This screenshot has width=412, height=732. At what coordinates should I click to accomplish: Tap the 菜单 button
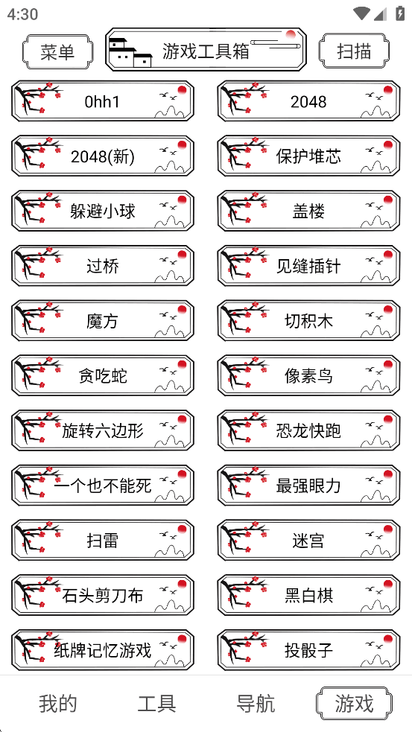[x=57, y=51]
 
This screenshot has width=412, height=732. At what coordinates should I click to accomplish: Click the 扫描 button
[x=354, y=51]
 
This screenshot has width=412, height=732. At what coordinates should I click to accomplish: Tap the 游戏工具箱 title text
[x=206, y=51]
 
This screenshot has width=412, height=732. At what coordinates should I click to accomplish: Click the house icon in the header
[x=130, y=51]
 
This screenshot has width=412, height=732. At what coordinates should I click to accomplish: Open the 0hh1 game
[x=103, y=101]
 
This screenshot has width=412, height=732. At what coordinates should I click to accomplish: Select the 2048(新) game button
[x=103, y=156]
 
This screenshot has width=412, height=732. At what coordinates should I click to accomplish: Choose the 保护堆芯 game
[x=308, y=156]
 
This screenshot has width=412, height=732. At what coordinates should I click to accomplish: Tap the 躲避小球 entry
[x=103, y=211]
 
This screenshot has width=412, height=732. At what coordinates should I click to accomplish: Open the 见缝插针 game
[x=308, y=266]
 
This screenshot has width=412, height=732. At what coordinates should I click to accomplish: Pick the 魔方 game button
[x=103, y=321]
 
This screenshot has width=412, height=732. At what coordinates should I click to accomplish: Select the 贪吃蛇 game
[x=103, y=376]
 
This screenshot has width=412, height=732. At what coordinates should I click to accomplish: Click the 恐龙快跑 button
[x=308, y=430]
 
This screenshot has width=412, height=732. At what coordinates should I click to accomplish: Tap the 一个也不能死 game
[x=103, y=486]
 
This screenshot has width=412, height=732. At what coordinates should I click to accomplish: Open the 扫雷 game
[x=103, y=541]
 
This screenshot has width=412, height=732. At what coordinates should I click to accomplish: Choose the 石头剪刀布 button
[x=103, y=595]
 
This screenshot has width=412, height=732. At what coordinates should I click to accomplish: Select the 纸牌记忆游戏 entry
[x=103, y=650]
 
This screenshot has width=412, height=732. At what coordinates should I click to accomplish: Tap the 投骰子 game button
[x=308, y=650]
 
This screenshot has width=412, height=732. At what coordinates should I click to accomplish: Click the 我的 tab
[x=58, y=703]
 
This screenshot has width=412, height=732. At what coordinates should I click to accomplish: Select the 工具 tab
[x=156, y=703]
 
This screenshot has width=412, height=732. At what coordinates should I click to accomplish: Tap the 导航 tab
[x=256, y=703]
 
